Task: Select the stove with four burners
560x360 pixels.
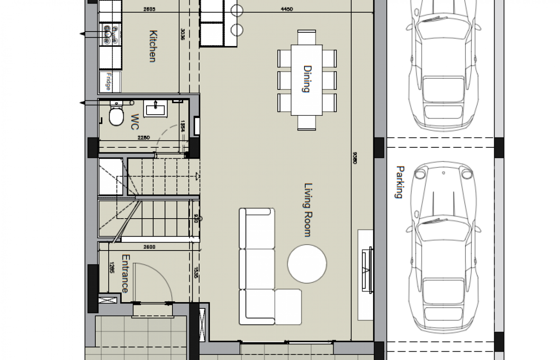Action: pyautogui.click(x=111, y=34)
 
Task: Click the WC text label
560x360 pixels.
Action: pyautogui.click(x=134, y=122)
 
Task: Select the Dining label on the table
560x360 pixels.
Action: pyautogui.click(x=307, y=79)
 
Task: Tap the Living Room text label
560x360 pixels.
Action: pyautogui.click(x=307, y=210)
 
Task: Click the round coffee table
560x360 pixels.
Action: pyautogui.click(x=307, y=264)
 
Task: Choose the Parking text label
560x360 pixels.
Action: pyautogui.click(x=399, y=182)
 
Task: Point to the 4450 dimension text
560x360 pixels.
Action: pyautogui.click(x=287, y=9)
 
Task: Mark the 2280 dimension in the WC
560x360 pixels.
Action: pyautogui.click(x=143, y=137)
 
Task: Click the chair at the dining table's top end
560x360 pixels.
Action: pyautogui.click(x=307, y=37)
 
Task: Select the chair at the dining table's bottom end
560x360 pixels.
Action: pyautogui.click(x=307, y=122)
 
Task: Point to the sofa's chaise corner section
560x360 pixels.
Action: pyautogui.click(x=288, y=306)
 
